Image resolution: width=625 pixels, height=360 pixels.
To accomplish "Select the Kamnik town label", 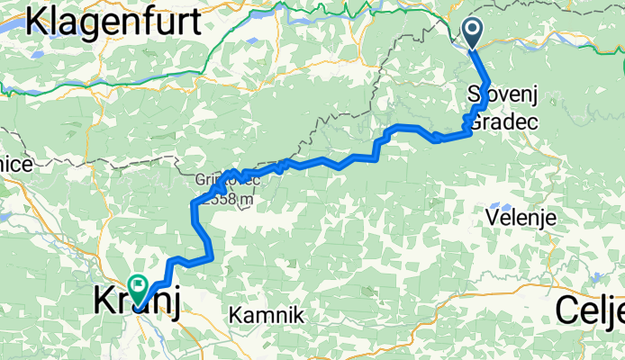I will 267,316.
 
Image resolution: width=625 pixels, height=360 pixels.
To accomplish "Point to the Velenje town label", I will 521,218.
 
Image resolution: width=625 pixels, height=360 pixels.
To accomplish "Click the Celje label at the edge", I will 590,310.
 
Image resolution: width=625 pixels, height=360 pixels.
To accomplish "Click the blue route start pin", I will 473,34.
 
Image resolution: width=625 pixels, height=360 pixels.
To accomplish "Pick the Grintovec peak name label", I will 227,179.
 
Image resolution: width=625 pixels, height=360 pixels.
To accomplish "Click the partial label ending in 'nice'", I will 16,165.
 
